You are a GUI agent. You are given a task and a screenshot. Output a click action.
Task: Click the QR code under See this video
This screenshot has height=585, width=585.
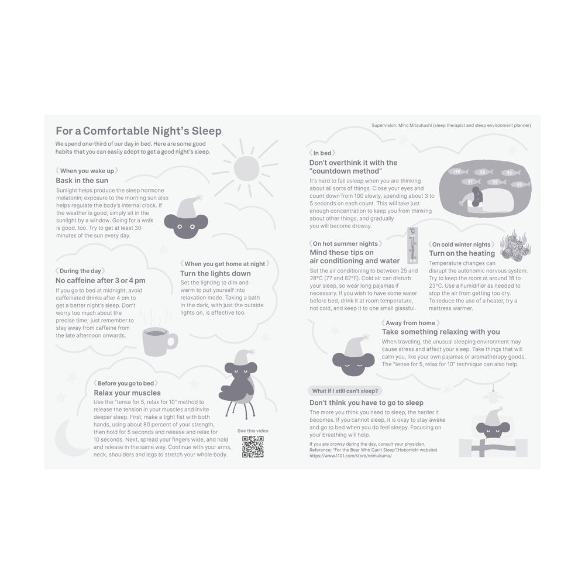253,446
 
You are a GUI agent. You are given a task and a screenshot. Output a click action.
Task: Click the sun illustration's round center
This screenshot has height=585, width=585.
246,168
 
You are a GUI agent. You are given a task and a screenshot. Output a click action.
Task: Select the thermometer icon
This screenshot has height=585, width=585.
412,245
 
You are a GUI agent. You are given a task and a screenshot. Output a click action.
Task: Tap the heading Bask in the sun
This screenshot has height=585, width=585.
82,181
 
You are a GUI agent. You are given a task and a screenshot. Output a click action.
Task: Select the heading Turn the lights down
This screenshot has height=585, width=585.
215,273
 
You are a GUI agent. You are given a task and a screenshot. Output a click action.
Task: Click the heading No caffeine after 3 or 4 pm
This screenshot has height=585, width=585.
101,281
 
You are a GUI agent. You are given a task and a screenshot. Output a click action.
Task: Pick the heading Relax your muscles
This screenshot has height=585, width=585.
127,393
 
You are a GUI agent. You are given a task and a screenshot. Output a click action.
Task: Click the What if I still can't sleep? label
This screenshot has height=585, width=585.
345,391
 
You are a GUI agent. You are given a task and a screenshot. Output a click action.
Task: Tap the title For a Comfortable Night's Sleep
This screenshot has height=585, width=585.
139,131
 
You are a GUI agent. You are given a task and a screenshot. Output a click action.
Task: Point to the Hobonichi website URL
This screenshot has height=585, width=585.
350,456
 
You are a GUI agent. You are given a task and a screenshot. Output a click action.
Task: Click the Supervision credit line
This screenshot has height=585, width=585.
451,125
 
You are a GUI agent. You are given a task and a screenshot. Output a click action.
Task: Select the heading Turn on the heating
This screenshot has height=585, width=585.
462,253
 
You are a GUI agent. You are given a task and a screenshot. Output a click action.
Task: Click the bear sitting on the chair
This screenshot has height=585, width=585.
239,384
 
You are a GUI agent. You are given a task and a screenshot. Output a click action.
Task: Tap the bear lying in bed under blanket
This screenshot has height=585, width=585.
493,433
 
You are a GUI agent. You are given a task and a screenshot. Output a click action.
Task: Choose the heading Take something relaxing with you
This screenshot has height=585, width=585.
441,332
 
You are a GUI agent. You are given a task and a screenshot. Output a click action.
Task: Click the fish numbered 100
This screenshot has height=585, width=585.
457,171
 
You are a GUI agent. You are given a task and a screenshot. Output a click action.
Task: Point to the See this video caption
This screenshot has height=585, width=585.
253,431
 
